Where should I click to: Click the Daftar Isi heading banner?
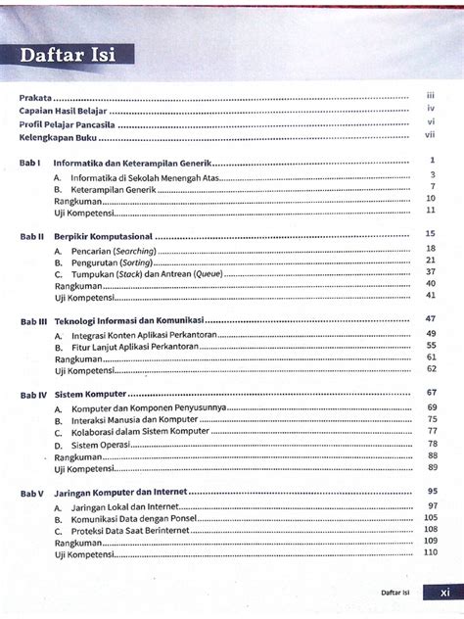(x=69, y=56)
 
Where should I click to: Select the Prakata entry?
(x=36, y=98)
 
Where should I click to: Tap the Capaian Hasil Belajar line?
(x=64, y=112)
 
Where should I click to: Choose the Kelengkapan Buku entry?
(x=58, y=138)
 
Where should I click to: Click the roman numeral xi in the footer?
(x=444, y=592)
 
